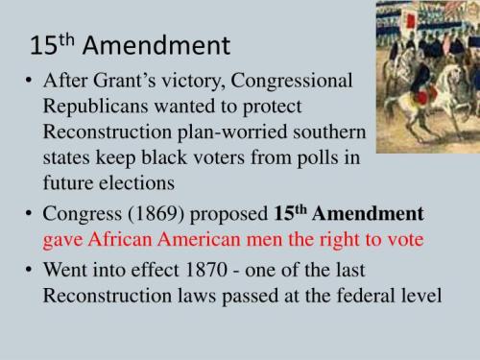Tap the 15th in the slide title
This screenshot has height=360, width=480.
[x=54, y=44]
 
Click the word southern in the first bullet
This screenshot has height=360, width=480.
[x=328, y=130]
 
